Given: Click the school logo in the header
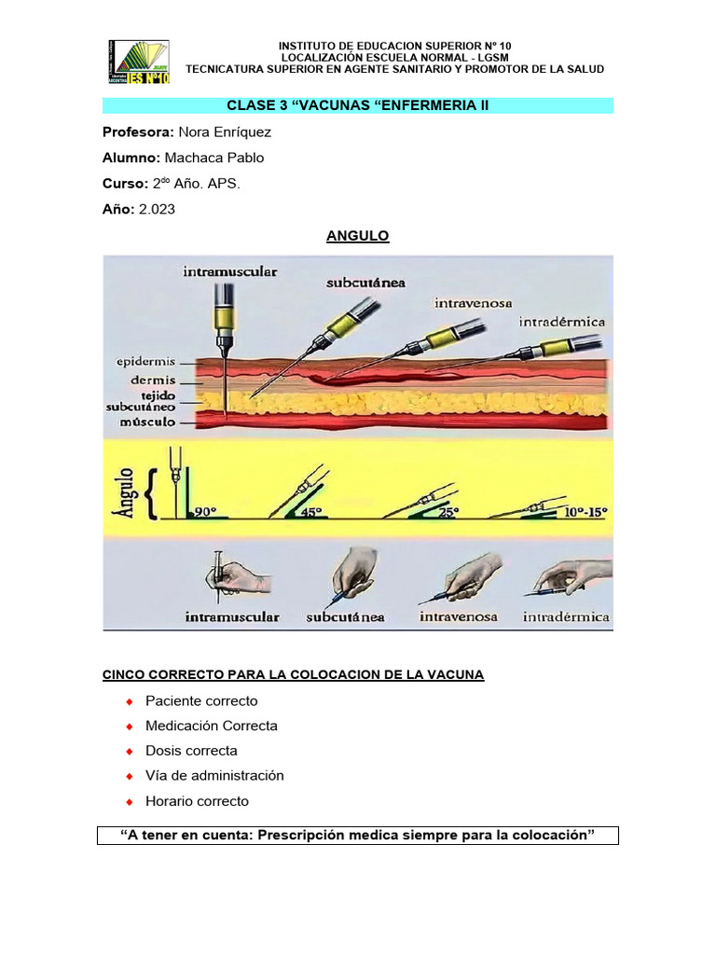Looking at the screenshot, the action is coord(139,62).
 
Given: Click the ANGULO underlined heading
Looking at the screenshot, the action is coord(357,236).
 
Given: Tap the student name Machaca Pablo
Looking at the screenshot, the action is coord(213,159).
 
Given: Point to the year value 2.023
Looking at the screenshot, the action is coord(157,210).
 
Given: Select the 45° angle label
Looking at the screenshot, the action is coord(310,511).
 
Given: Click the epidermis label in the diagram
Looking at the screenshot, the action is coord(145,362).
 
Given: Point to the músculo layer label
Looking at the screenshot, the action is coord(146,422).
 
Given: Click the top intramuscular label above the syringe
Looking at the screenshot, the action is coord(230,272).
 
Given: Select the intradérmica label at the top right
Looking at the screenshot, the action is coord(562,322).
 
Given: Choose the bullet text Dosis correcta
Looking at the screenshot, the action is coord(191,751).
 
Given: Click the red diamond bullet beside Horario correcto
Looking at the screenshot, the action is coord(130,801).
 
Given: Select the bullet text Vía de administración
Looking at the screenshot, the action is coord(214,776).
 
